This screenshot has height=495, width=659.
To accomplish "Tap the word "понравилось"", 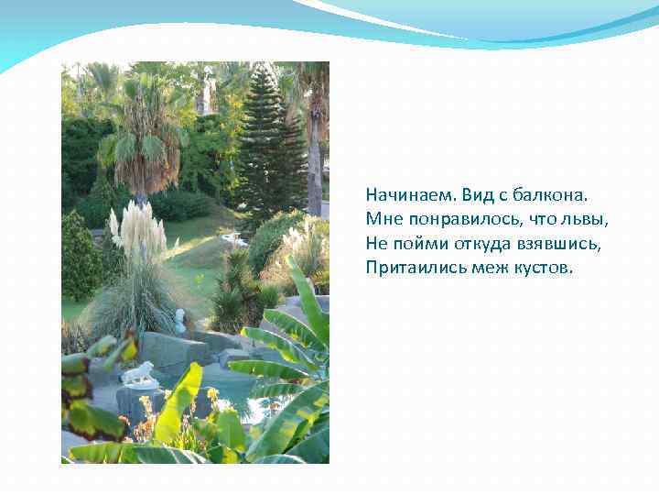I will [x=448, y=220].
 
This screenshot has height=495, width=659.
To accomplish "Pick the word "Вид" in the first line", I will [x=476, y=195].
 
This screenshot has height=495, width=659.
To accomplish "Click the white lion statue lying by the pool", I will [x=138, y=373].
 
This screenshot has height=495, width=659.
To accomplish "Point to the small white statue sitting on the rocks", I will [x=179, y=320].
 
